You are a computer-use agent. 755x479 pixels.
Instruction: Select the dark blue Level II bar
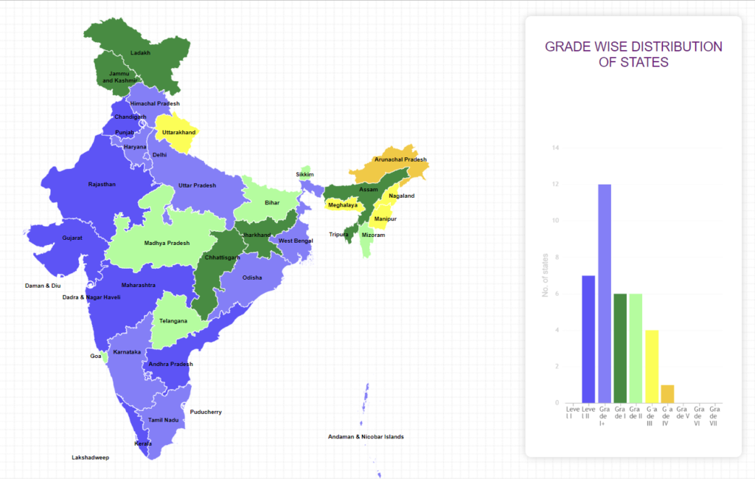coord(588,339)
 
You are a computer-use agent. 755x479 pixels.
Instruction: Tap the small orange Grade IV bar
coord(667,394)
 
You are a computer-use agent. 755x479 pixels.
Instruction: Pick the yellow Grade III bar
coord(652,366)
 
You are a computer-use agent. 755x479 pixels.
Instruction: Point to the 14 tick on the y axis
coord(556,148)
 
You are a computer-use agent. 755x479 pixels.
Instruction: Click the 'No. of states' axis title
coord(546,275)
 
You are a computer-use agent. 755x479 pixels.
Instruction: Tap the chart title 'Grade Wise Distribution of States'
coord(633,55)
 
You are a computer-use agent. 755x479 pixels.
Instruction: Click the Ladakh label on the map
coord(140,53)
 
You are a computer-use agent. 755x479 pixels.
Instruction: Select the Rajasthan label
coord(102,184)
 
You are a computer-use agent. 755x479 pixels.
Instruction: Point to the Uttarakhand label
coord(178,132)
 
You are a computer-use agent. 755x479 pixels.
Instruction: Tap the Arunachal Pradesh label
coord(400,159)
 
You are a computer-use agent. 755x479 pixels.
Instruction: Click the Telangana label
coord(173,321)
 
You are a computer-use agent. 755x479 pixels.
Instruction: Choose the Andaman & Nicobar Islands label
coord(366,437)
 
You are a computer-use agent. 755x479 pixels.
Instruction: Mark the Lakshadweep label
coord(90,458)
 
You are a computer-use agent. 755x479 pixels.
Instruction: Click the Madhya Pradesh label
coord(167,243)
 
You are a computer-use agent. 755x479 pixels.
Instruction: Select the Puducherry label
coord(206,412)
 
